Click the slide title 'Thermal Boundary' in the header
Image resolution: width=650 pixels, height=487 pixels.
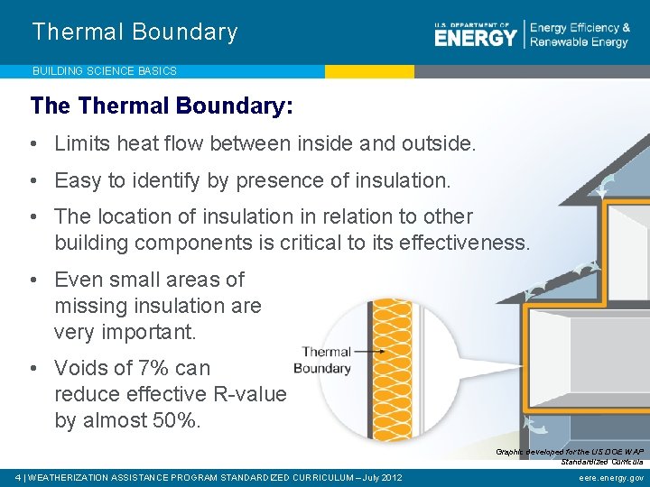point(135,32)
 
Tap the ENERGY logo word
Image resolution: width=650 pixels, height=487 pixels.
point(475,37)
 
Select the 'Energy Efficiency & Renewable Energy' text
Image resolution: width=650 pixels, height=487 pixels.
point(580,35)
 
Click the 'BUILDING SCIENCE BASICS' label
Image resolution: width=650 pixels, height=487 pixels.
point(105,70)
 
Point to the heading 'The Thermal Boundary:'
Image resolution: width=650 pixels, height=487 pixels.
point(162,106)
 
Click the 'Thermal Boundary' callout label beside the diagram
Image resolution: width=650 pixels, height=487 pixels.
point(324,360)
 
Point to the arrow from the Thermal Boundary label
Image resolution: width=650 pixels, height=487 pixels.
point(370,352)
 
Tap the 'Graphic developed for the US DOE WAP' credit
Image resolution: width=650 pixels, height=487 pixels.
point(569,451)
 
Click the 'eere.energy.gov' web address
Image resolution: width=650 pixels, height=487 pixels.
point(611,477)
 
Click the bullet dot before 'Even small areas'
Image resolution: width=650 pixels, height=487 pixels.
point(33,280)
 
